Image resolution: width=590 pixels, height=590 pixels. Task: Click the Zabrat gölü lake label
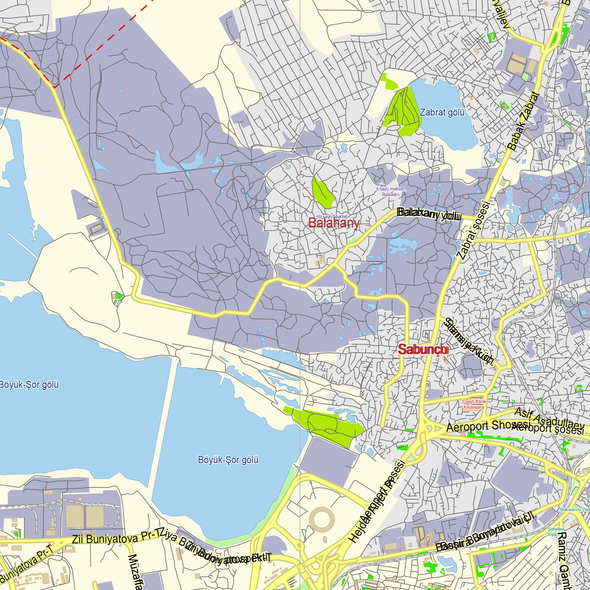tap(442, 112)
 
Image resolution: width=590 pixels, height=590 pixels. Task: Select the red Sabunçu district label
tap(423, 349)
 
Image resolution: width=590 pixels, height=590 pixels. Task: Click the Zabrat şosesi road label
tap(473, 230)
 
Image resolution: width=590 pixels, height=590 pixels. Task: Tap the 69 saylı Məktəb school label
tap(332, 217)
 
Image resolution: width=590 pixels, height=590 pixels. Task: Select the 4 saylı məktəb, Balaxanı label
tap(391, 192)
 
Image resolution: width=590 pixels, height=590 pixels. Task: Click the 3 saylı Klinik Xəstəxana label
tap(474, 404)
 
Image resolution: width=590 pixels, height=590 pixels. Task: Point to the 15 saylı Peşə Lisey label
tap(517, 127)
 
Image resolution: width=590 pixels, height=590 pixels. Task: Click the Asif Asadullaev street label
tap(549, 418)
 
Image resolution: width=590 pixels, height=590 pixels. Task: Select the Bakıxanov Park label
tap(575, 510)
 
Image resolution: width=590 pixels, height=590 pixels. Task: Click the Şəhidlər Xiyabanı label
tap(555, 532)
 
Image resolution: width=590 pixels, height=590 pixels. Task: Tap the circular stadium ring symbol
tap(322, 519)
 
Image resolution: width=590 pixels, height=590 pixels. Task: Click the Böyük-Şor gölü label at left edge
tap(29, 385)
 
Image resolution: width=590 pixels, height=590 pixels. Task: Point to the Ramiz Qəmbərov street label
tap(564, 560)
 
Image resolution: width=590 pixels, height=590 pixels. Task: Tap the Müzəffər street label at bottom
tap(134, 572)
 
